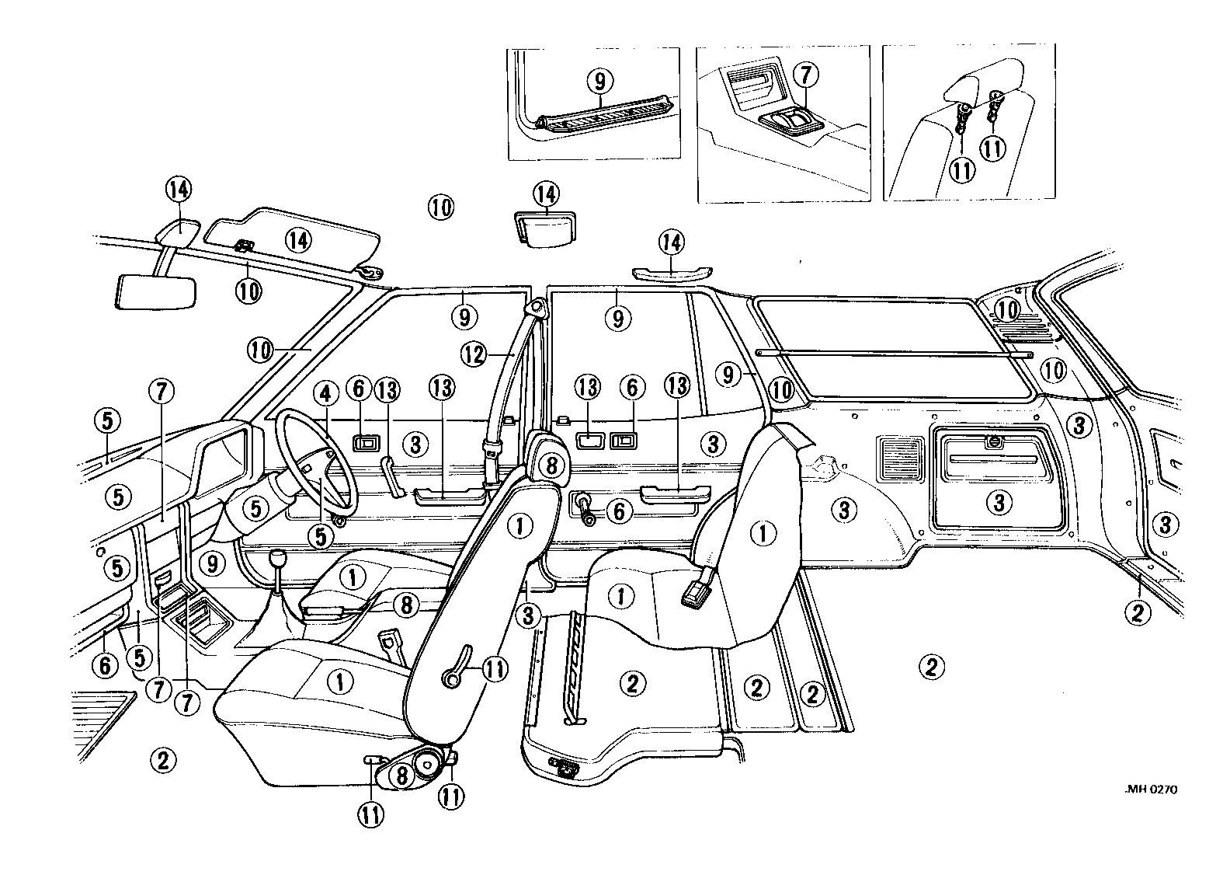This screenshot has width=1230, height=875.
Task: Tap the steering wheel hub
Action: pos(314,469)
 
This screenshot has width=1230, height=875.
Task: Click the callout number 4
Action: pos(326,394)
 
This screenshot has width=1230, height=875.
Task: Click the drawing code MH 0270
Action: pos(1151,790)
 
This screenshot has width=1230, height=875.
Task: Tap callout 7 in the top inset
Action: pos(805,75)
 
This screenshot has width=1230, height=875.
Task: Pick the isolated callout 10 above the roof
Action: pos(440,207)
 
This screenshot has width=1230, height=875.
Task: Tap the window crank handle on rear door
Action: pos(584,507)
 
